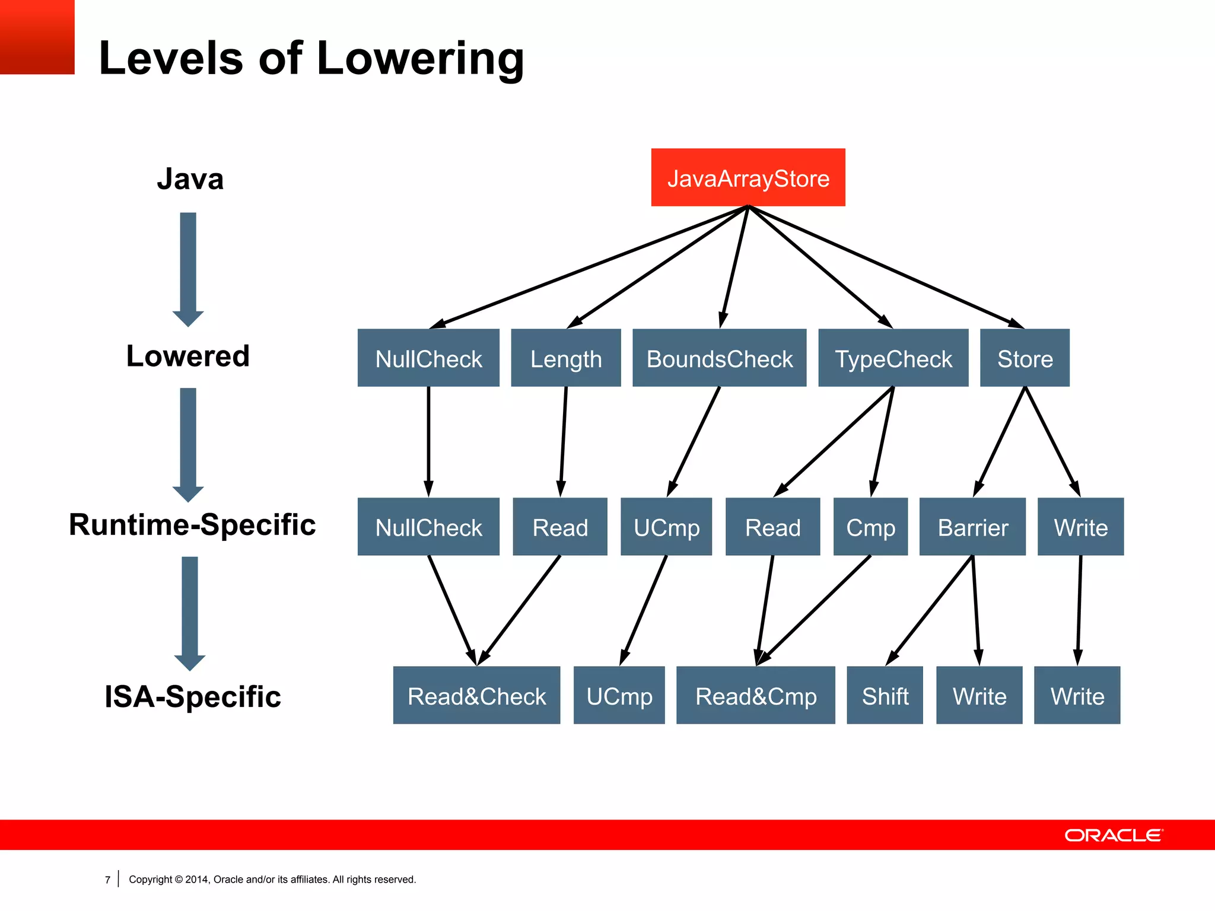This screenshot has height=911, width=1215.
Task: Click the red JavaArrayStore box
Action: point(748,177)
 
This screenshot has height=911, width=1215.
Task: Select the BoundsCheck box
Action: point(719,358)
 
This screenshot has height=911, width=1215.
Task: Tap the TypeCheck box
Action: point(893,358)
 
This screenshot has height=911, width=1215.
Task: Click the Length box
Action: point(565,358)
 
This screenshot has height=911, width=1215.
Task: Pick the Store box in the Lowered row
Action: point(1025,358)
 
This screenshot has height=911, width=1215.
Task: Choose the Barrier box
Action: point(972,527)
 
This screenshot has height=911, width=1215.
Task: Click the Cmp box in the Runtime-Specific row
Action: point(870,527)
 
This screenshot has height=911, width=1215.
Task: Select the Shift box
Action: point(885,695)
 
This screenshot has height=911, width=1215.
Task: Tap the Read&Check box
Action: point(476,695)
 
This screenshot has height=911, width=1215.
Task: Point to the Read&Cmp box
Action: point(755,695)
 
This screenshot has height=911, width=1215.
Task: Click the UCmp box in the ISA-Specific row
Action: point(619,695)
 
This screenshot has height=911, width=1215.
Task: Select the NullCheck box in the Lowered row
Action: point(428,358)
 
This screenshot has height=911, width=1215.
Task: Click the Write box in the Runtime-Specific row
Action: point(1080,527)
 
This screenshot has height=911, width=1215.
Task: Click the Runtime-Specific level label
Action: point(192,525)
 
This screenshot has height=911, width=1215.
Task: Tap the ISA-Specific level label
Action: point(192,696)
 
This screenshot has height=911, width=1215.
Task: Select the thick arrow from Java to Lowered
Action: point(188,267)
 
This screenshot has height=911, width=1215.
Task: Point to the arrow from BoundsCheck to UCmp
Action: point(694,442)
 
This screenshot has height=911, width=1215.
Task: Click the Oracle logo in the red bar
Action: point(1114,835)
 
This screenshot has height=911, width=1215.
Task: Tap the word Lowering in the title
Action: point(420,59)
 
